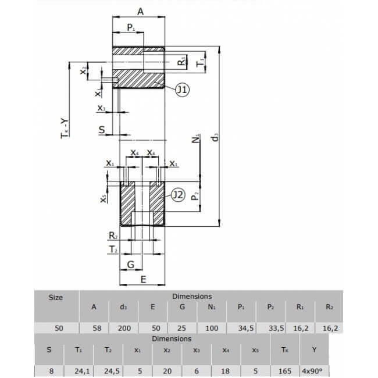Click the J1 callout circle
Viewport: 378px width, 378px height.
(182, 90)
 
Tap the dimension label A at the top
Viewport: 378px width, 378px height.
(141, 11)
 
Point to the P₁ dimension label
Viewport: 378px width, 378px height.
(131, 27)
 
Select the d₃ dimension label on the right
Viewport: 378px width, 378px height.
(215, 137)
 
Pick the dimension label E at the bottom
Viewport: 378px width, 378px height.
(143, 280)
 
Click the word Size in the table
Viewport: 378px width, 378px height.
(55, 297)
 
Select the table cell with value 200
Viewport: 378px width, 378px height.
(124, 328)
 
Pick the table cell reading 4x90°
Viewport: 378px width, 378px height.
(314, 370)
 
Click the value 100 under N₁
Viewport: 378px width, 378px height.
(212, 328)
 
